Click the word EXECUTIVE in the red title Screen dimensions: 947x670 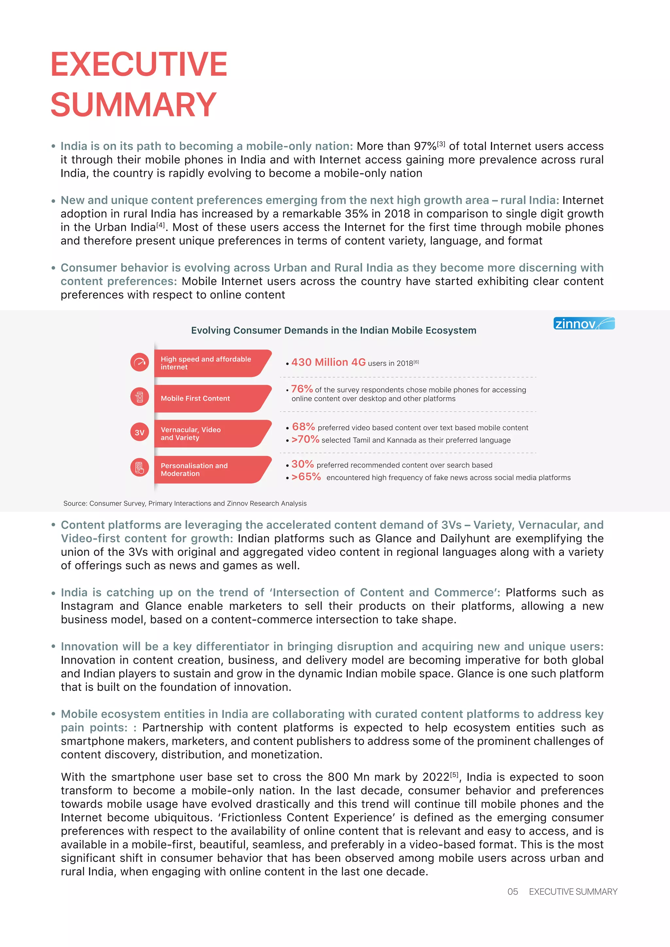[x=139, y=64]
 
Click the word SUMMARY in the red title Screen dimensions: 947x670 [x=133, y=105]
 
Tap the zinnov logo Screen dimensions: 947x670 [x=584, y=324]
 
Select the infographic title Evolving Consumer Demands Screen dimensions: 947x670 [x=333, y=331]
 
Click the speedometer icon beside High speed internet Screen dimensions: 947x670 [x=139, y=362]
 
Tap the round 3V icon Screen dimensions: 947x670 [x=139, y=433]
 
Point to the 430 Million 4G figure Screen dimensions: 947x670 [x=328, y=362]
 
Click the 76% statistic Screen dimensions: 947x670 [x=302, y=389]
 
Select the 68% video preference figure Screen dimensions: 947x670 [x=303, y=427]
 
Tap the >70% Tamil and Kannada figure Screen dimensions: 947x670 [x=305, y=439]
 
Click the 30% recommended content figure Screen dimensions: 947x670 [x=302, y=464]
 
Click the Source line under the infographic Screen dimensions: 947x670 [x=185, y=503]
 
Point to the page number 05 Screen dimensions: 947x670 [x=512, y=892]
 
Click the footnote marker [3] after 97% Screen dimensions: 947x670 [x=441, y=144]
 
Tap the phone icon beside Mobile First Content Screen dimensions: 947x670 [x=139, y=397]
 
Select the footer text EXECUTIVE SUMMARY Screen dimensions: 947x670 [x=573, y=892]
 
